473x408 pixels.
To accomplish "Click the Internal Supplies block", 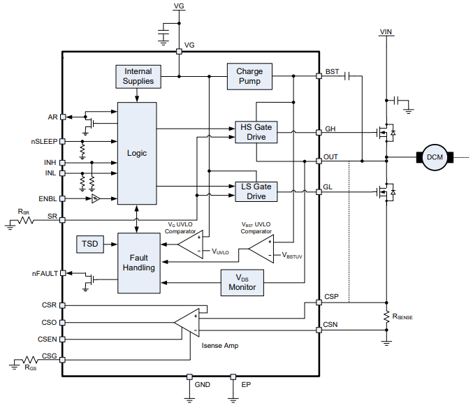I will (138, 76).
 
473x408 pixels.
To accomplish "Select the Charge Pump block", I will (249, 76).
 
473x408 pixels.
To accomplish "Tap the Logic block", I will (137, 153).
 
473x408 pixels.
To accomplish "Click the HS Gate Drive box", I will (256, 132).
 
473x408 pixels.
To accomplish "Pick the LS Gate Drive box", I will (256, 191).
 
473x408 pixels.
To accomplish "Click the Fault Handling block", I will (139, 262).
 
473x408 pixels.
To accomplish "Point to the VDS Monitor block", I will (242, 282).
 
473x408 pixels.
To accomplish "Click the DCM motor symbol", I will (435, 157).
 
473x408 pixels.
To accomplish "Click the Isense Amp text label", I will (221, 347).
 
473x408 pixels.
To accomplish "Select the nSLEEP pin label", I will (44, 141).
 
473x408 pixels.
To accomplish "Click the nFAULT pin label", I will (45, 273).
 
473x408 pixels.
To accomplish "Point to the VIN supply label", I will (386, 31).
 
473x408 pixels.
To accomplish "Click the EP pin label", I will (245, 384).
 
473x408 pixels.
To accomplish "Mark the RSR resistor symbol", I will (26, 220).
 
